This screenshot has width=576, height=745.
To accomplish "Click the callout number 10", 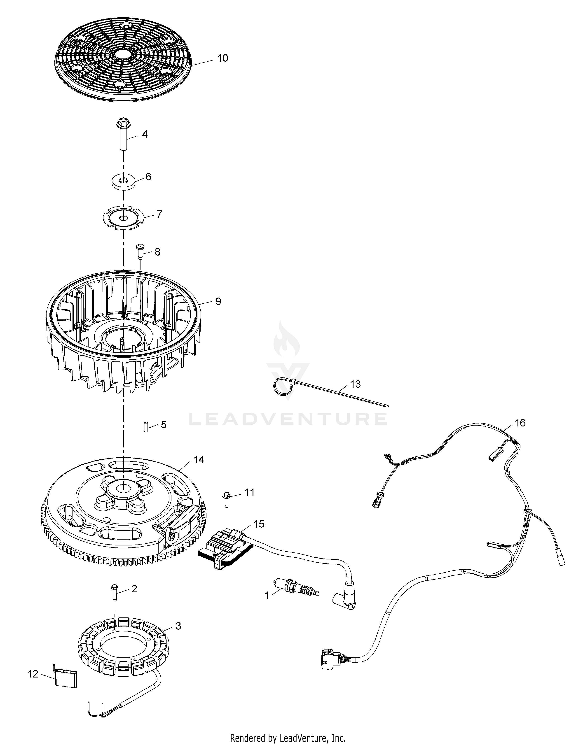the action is [222, 58].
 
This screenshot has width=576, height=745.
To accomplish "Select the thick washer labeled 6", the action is [124, 181].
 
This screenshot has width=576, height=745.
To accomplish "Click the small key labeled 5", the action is [146, 427].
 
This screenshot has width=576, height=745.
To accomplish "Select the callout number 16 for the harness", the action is [520, 423].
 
